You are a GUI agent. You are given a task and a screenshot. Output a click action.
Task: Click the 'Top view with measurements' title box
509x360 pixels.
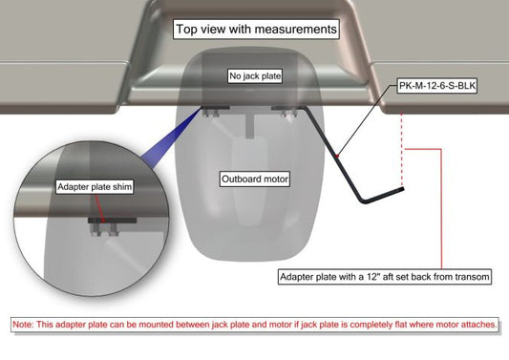coord(256,30)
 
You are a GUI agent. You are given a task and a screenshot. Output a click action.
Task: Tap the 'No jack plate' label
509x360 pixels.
coord(255,76)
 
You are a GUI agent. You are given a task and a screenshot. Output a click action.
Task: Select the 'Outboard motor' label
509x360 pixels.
coord(255,179)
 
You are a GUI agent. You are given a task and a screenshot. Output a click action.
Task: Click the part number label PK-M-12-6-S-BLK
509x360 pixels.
coord(437,86)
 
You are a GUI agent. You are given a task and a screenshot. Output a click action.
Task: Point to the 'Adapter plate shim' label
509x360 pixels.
coord(95,187)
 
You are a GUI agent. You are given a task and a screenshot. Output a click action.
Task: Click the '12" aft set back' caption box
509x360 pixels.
coord(385,277)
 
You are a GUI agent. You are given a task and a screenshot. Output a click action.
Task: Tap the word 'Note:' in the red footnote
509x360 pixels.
coord(23,325)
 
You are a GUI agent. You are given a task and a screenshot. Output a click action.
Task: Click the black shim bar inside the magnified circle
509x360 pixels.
coord(113,221)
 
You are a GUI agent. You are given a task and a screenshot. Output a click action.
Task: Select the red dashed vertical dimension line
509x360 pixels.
coord(402,150)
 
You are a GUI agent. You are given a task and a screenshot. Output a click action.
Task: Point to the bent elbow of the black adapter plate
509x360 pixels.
coord(364,201)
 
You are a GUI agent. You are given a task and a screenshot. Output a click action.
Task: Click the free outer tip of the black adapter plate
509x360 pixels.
coord(402,189)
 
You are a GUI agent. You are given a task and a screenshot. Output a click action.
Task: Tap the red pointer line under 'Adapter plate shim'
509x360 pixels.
coord(99,208)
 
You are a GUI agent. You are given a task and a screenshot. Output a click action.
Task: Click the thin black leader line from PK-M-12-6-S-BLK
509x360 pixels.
coord(367,119)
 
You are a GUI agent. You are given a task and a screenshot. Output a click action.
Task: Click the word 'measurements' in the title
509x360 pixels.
coord(295,30)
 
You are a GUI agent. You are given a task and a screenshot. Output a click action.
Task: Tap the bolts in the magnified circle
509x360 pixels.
coord(104,229)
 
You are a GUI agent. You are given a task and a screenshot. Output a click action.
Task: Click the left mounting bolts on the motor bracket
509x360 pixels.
coord(212,113)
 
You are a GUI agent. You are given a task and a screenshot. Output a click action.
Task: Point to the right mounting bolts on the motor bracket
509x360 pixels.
coord(289,113)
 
